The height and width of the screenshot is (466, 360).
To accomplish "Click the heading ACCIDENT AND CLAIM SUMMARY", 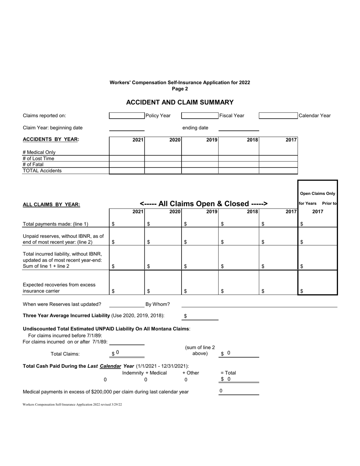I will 180,102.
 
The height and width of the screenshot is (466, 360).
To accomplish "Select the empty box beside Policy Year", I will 127,116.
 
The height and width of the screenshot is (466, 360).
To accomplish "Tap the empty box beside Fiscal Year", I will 200,116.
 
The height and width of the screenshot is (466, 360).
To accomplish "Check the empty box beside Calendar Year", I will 278,116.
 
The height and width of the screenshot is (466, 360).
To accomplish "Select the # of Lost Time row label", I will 39,158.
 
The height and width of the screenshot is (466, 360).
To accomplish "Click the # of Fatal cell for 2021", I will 127,165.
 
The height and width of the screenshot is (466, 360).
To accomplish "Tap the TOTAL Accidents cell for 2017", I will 278,171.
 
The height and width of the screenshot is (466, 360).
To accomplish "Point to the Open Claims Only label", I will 318,193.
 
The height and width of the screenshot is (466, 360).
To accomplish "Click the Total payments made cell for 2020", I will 163,224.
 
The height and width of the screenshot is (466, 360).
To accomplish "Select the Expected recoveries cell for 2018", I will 239,291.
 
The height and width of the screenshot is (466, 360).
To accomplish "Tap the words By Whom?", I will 158,304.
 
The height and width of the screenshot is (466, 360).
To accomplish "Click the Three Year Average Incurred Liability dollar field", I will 201,316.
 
